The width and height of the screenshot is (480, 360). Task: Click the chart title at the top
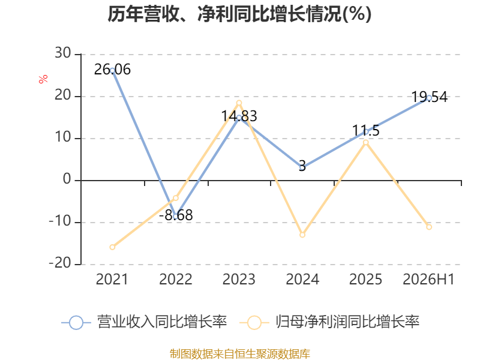(239, 14)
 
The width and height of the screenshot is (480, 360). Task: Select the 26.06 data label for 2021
(112, 70)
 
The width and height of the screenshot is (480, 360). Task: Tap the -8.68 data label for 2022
(176, 215)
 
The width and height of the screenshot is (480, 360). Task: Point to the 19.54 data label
(429, 97)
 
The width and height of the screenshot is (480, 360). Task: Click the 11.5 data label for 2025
(366, 131)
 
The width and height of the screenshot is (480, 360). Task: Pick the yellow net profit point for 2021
(112, 247)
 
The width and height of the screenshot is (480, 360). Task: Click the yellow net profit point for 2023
(239, 103)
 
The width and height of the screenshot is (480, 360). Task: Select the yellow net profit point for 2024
(302, 235)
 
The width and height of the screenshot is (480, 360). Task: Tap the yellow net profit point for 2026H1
(429, 227)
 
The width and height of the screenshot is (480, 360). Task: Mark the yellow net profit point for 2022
(176, 198)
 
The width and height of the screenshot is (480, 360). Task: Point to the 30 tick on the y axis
(63, 53)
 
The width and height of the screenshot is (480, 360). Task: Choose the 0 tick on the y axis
(67, 179)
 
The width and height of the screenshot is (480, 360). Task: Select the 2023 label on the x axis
(239, 279)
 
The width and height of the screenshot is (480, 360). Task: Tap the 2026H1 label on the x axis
(428, 279)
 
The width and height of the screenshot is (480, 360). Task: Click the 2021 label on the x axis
(112, 279)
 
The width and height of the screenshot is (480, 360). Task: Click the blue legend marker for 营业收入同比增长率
(76, 322)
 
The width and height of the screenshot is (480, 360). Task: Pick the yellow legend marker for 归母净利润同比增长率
(254, 322)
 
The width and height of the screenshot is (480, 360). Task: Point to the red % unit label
(43, 79)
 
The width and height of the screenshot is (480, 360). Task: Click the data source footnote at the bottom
(239, 354)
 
